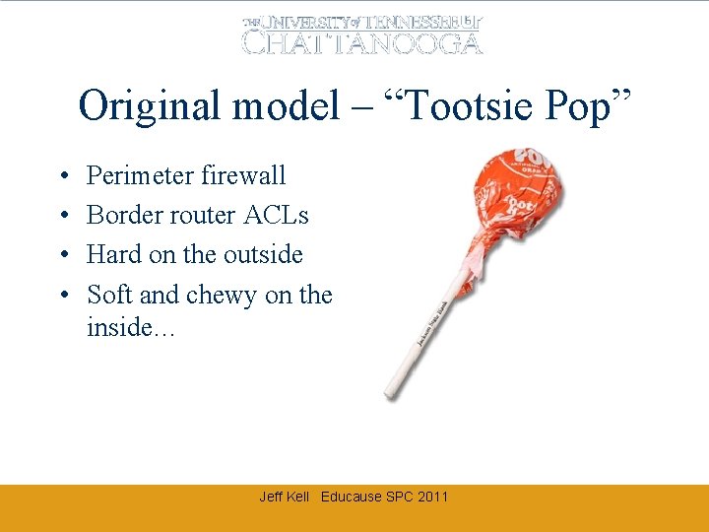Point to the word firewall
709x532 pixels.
coord(242,175)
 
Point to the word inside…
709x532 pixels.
coord(131,326)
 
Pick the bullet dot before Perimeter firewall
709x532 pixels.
coord(62,176)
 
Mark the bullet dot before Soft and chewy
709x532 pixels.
coord(62,296)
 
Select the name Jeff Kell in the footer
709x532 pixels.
coord(284,497)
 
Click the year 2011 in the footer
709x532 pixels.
coord(432,497)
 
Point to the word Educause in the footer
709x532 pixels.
coord(352,497)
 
